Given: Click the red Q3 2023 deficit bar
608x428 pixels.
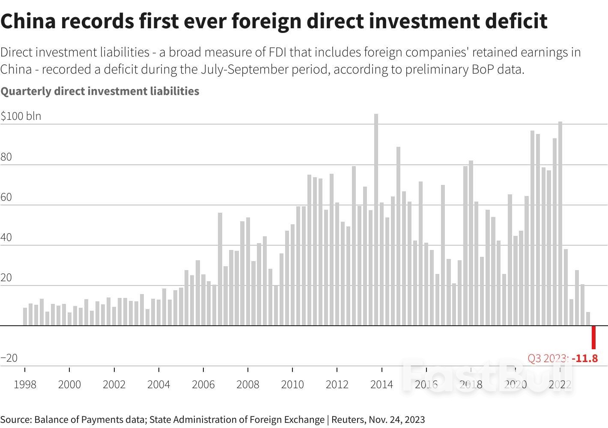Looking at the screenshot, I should (593, 337).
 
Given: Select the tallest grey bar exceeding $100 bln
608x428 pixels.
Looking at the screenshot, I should (376, 219).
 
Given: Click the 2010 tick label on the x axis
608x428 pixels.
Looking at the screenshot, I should (292, 384).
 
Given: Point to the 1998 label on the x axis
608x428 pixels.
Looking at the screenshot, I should (25, 384).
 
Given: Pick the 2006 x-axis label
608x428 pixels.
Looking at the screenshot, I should (203, 384).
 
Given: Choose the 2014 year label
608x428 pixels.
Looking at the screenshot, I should (381, 384).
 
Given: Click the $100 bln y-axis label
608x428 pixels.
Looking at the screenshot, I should (21, 116).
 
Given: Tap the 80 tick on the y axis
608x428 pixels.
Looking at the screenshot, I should (6, 157).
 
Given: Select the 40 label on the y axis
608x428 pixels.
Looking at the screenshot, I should (6, 238).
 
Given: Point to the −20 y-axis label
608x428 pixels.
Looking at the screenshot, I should (9, 358).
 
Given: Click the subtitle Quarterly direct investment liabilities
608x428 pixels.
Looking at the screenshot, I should (100, 91).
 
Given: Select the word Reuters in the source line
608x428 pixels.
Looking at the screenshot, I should (348, 419).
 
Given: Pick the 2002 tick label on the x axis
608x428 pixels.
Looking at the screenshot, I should (114, 384).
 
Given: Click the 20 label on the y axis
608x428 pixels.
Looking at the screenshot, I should (6, 278).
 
